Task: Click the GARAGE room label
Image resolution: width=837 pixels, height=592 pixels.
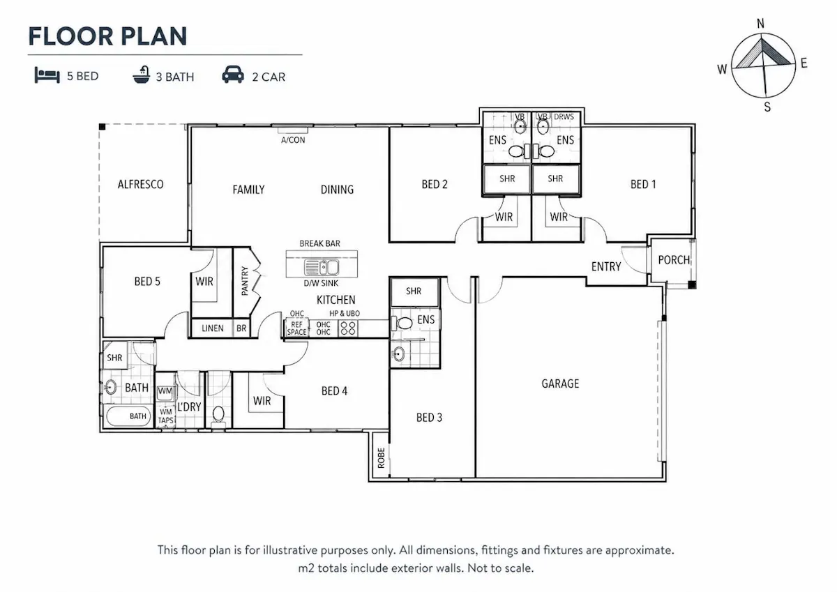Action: tap(560, 384)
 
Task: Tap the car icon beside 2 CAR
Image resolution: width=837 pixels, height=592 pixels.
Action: tap(233, 75)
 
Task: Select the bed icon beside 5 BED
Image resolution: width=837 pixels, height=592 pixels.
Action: tap(47, 75)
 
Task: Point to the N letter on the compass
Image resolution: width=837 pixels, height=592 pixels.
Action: tap(760, 24)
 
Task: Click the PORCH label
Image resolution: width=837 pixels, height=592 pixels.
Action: tap(674, 260)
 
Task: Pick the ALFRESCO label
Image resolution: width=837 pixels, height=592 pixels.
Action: tap(140, 185)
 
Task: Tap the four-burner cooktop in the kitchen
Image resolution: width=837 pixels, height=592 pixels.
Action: tap(348, 328)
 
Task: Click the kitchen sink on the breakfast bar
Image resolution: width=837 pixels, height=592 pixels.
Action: tap(322, 267)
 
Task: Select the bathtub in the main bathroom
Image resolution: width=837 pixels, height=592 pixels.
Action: tap(128, 416)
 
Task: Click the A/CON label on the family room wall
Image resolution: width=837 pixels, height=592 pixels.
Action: tap(293, 140)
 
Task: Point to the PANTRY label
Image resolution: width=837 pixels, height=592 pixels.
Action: tap(245, 281)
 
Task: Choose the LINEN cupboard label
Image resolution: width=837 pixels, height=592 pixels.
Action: tap(212, 328)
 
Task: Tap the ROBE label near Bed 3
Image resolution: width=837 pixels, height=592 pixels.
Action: tap(381, 458)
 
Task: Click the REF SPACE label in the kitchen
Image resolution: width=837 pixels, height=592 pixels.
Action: tap(296, 328)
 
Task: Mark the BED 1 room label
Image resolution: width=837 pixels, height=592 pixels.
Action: tap(643, 185)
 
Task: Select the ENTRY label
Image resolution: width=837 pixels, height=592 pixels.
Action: tap(605, 266)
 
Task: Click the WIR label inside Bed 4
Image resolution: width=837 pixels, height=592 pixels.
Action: tap(262, 401)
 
